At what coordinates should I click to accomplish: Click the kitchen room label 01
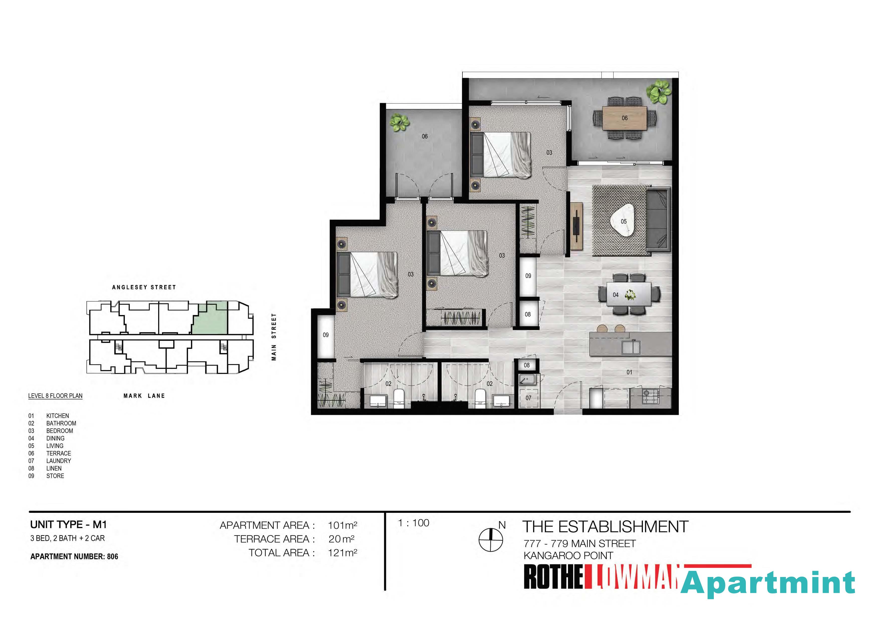(629, 372)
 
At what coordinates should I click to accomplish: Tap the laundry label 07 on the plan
(528, 398)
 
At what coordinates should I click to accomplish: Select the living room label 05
(624, 221)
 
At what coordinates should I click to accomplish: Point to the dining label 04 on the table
(616, 295)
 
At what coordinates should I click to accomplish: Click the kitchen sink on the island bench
(631, 347)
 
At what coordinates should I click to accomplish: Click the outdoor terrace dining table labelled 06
(624, 118)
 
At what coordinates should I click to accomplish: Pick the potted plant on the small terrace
(399, 122)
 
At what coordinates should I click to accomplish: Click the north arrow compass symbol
(491, 540)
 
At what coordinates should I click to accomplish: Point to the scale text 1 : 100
(414, 523)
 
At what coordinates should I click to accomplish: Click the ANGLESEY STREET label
(144, 287)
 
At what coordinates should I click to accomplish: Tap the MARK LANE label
(144, 396)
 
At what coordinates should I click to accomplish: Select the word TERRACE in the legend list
(59, 453)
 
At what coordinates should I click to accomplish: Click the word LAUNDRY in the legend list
(59, 461)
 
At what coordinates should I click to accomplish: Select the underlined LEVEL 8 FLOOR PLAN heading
(55, 396)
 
